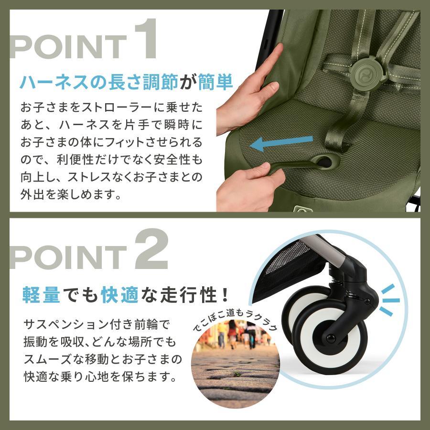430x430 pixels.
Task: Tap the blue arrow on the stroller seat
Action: point(281,142)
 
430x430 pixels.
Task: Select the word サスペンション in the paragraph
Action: point(67,325)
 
